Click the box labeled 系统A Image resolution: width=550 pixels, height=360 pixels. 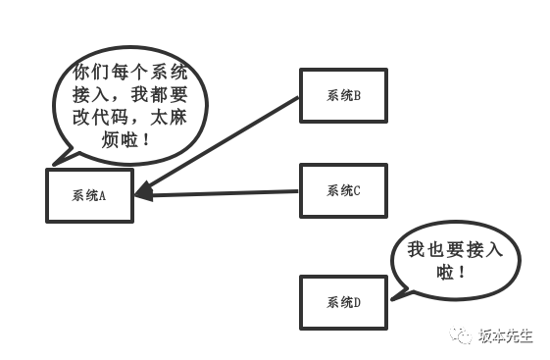tap(89, 194)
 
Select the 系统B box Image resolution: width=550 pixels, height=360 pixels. tap(343, 96)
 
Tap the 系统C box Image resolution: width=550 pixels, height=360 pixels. tap(343, 190)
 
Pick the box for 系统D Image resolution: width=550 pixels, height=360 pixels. tap(343, 302)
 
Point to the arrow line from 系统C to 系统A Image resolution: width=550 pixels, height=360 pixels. tap(225, 192)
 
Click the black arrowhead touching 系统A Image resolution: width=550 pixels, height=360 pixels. tap(143, 192)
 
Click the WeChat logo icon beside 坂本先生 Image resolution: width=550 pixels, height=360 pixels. tap(463, 336)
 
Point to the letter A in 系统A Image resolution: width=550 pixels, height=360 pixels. tap(101, 194)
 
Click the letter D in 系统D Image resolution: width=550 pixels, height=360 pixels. tap(359, 302)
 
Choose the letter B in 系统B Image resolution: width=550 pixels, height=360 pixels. tap(358, 96)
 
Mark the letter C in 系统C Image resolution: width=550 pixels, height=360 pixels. tap(358, 190)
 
